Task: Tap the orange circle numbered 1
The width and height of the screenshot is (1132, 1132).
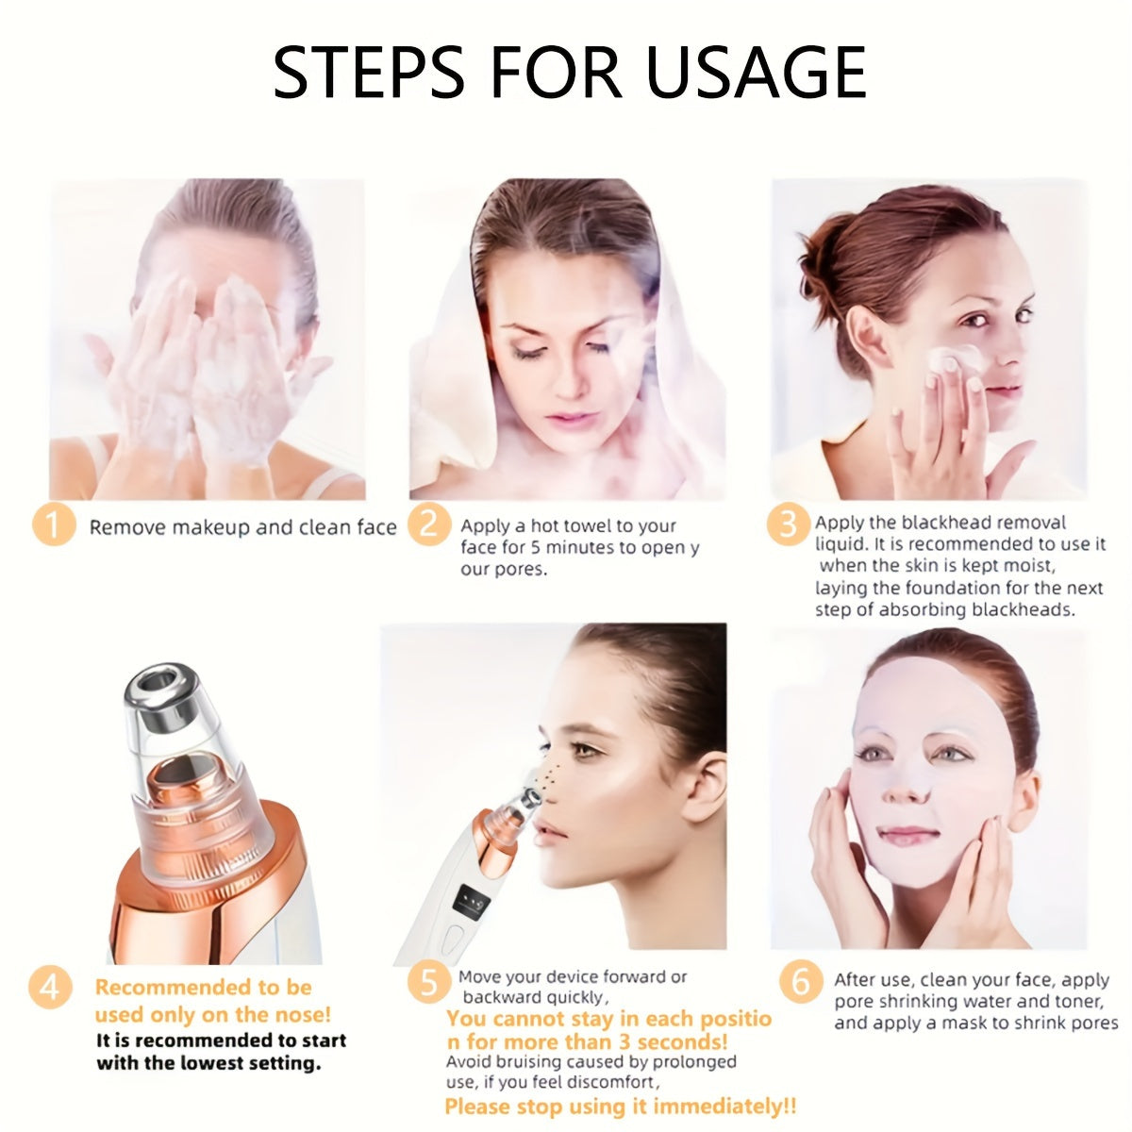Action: [x=53, y=524]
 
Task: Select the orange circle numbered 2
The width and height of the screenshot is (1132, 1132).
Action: [x=430, y=524]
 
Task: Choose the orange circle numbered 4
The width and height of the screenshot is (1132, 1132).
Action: [x=50, y=988]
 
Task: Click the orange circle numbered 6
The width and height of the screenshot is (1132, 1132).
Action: [x=800, y=982]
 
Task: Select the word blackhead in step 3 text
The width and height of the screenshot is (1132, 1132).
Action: [x=944, y=523]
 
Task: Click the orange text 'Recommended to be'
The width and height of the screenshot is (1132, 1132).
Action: [x=203, y=988]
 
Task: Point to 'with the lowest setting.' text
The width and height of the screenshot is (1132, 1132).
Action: [x=208, y=1063]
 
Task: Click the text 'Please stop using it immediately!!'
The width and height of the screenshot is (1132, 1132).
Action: [x=620, y=1106]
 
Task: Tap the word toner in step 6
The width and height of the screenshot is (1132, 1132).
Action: [x=1076, y=1002]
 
